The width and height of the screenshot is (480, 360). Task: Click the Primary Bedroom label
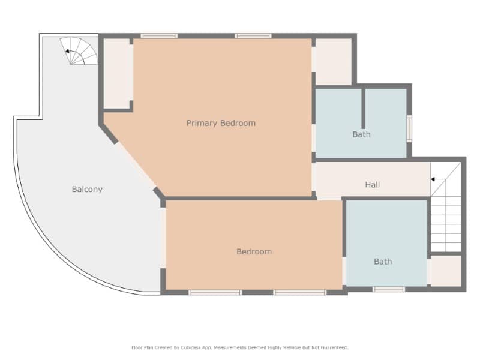221,123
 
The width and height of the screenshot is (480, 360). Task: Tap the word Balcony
87,189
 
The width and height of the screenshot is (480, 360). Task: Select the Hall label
373,185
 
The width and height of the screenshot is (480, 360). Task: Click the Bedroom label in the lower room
254,251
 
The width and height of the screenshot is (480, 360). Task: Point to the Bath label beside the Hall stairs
383,261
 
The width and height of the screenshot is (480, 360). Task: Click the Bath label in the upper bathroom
361,134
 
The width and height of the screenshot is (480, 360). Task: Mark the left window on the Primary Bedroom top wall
159,36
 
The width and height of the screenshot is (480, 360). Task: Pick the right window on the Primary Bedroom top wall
253,36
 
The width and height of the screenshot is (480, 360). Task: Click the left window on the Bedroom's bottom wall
215,292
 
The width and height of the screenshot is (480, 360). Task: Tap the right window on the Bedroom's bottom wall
300,292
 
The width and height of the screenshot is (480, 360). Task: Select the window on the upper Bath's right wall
409,127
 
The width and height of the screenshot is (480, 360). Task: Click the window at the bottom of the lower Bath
389,289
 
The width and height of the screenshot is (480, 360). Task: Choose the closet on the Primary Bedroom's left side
118,73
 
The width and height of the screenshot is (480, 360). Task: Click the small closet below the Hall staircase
446,271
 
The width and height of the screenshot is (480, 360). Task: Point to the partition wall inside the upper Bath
364,108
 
